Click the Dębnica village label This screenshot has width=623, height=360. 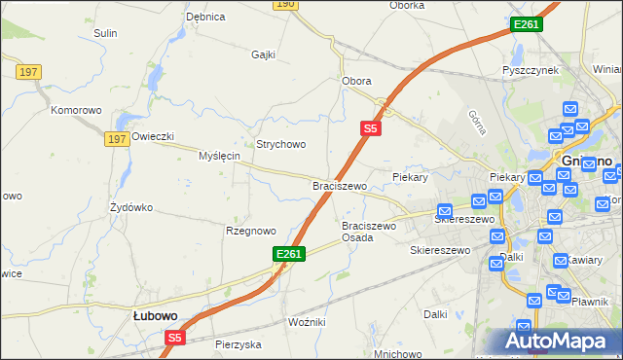pos(205,17)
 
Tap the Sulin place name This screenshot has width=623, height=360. pos(105,33)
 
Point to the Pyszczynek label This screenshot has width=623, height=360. pos(530,71)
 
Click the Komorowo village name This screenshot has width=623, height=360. pos(77,110)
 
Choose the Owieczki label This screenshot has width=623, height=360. pos(152,136)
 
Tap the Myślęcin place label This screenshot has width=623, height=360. pos(219,156)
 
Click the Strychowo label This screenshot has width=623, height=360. pos(280,144)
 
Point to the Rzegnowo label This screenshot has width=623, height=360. pos(251,231)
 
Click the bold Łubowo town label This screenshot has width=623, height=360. pos(155,315)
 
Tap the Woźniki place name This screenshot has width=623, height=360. pos(307,321)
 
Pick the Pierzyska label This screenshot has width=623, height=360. pos(238,344)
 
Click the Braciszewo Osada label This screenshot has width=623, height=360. pos(369,232)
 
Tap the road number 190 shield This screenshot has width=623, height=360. pos(284,5)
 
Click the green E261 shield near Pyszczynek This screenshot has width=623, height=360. pos(525,24)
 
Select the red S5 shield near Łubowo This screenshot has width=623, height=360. pos(174,338)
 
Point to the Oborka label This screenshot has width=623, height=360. pos(406,5)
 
